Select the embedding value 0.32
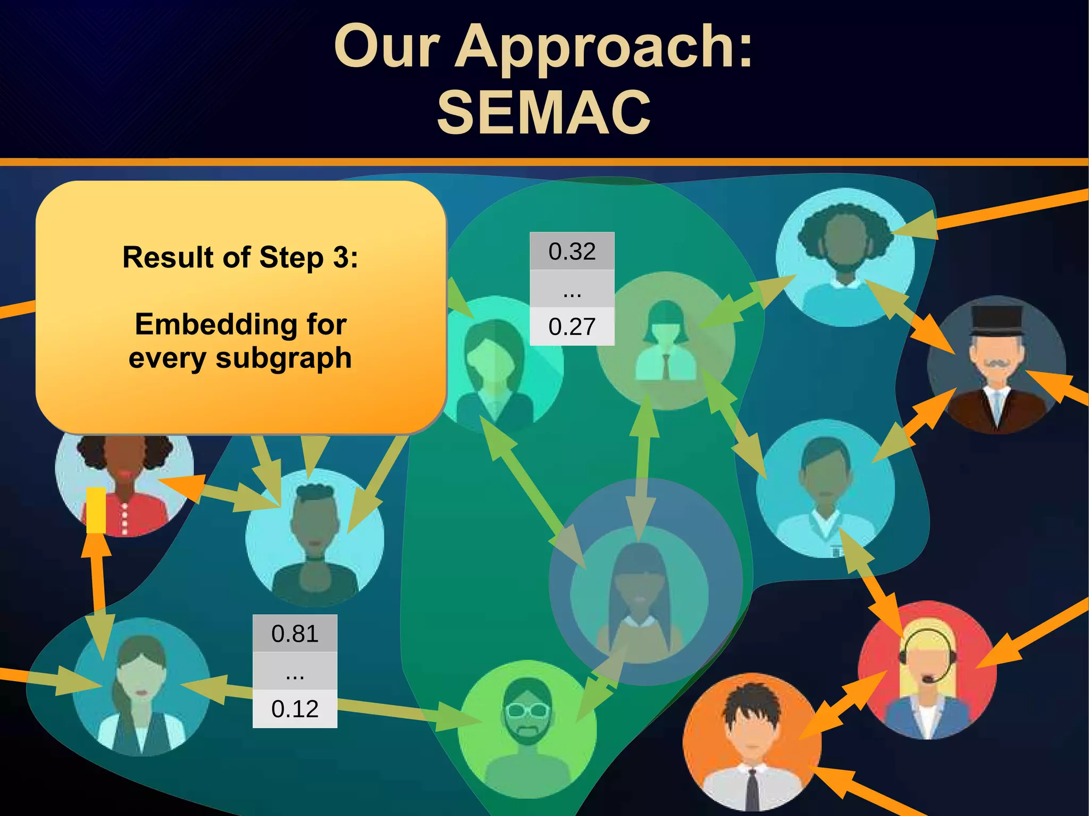(572, 251)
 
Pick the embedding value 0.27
(572, 326)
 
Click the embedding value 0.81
(295, 634)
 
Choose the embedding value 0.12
(295, 709)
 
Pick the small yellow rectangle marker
(96, 510)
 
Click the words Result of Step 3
(240, 257)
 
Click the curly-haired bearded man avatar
(844, 255)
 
